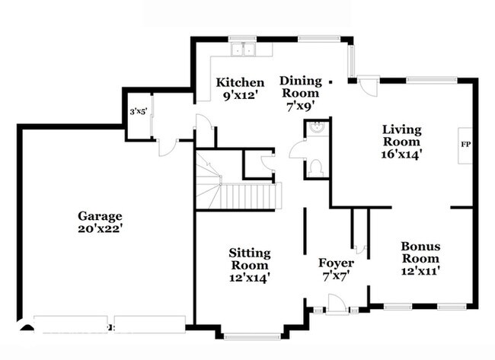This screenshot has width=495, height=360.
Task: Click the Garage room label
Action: coord(100,222)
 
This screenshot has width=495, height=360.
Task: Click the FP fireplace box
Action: coord(465,145)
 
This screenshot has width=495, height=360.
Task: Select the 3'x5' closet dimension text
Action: coord(139,111)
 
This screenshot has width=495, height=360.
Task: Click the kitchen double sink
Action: coord(244,49)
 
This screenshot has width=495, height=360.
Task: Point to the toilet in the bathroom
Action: coord(316,167)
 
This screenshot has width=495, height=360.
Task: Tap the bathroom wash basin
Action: coord(316,127)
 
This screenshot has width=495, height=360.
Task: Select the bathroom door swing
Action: coord(297,149)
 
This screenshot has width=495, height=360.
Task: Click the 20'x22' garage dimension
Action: coord(100,228)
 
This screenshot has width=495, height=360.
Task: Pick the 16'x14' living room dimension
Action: coord(402,155)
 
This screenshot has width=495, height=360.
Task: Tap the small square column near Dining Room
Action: coord(331,82)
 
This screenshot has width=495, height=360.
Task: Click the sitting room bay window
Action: coord(252,336)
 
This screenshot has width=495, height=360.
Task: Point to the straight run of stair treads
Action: coord(251,196)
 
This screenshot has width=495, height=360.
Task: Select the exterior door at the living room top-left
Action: coord(368,85)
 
